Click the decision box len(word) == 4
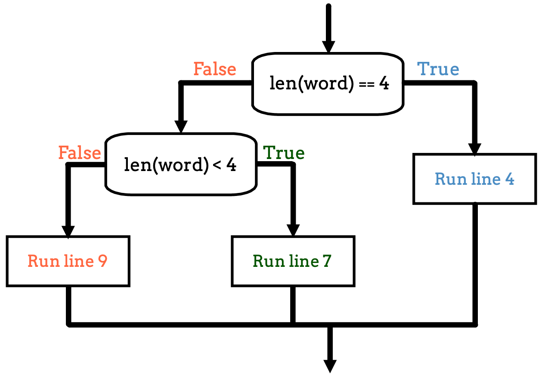328,84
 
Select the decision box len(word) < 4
181,165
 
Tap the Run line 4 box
474,178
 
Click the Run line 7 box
293,261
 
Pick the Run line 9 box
68,261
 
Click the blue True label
438,69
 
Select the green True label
284,153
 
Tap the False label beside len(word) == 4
215,69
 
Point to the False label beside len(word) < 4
80,153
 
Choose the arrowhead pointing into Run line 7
293,230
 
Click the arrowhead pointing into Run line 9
68,230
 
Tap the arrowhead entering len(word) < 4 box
181,126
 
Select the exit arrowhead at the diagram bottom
330,365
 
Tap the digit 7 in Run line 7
327,261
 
